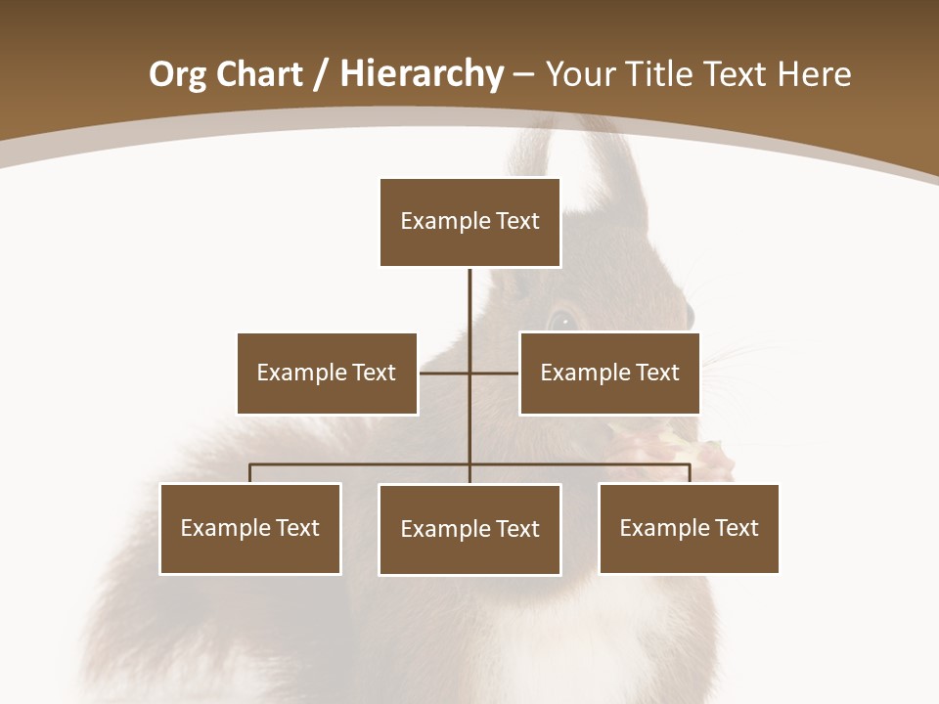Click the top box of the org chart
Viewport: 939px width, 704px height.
pyautogui.click(x=469, y=222)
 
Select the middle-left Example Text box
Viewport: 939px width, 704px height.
pyautogui.click(x=327, y=373)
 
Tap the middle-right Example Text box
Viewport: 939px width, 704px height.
pyautogui.click(x=609, y=373)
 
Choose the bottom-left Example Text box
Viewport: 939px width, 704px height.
pyautogui.click(x=250, y=528)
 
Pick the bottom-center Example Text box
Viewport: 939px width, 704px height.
pyautogui.click(x=469, y=529)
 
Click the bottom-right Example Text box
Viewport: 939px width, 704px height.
pyautogui.click(x=689, y=528)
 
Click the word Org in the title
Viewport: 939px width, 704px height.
pyautogui.click(x=177, y=74)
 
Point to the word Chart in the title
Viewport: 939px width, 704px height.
pyautogui.click(x=258, y=74)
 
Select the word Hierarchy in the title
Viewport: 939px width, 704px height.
pyautogui.click(x=422, y=74)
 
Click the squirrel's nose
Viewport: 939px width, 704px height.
pyautogui.click(x=689, y=315)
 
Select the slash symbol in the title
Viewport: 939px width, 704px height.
pyautogui.click(x=320, y=75)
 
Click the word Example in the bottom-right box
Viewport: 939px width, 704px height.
pyautogui.click(x=660, y=528)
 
